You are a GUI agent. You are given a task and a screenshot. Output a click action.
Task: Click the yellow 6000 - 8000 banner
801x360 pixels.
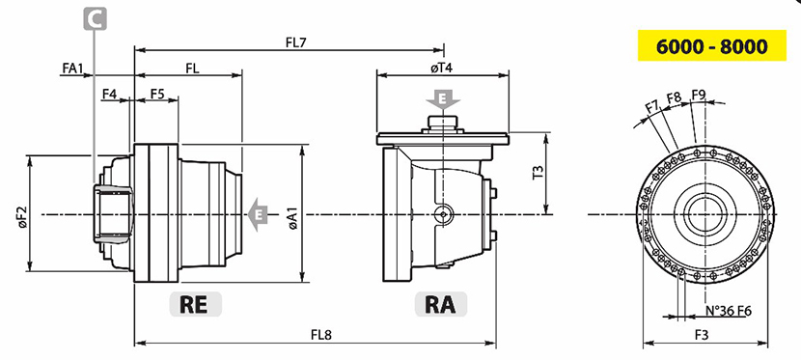711,45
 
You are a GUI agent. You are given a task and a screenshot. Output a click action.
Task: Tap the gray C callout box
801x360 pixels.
95,18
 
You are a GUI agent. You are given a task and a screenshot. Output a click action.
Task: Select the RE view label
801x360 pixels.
196,304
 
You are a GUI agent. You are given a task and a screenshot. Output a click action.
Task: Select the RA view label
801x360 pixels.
441,304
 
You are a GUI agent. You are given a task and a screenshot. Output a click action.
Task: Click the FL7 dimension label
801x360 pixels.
295,42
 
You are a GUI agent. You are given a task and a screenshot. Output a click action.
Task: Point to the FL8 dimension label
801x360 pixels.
321,335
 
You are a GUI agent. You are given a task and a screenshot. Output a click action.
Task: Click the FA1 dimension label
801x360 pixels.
72,68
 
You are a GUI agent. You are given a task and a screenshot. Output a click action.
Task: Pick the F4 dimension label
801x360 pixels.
109,94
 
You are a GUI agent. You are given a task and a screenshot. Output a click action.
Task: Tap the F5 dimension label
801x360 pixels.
158,94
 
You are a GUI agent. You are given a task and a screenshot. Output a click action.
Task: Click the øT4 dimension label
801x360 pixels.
442,68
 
